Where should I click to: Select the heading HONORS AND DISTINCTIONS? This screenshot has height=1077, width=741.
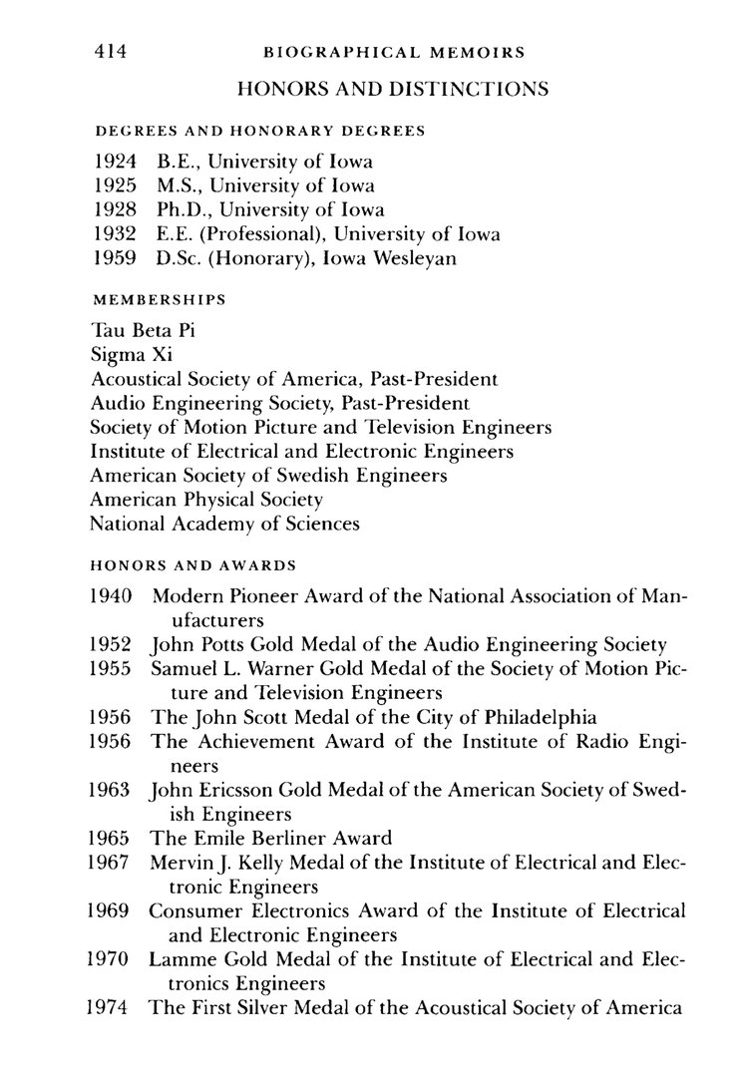[392, 90]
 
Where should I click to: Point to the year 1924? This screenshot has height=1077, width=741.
[116, 160]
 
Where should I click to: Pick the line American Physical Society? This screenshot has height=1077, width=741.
[205, 499]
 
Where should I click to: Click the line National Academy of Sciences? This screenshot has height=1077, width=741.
[224, 524]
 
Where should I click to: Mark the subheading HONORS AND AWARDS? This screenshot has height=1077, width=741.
[192, 563]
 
